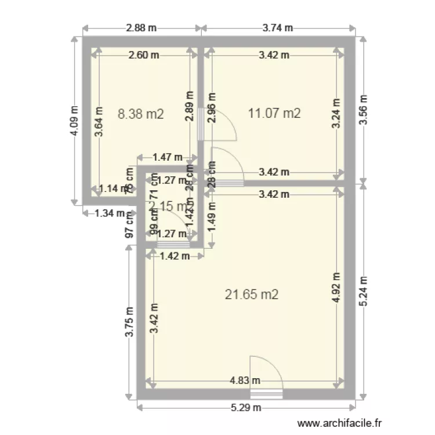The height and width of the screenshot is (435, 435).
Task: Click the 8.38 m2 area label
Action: click(x=140, y=114)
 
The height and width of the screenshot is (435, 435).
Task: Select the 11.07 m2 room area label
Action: click(x=274, y=113)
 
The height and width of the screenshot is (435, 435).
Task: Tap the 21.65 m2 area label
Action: click(x=251, y=295)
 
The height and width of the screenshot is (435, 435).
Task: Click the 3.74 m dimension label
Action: click(x=277, y=28)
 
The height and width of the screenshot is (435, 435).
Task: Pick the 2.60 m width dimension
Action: click(x=144, y=55)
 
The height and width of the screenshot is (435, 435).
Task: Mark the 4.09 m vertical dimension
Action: click(x=74, y=121)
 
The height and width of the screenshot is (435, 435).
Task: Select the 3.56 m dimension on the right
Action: click(x=363, y=108)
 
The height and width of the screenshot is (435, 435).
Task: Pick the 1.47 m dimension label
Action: click(x=167, y=157)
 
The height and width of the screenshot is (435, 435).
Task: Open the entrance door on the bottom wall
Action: click(x=266, y=394)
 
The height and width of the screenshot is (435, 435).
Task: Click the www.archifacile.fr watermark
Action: click(x=340, y=424)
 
